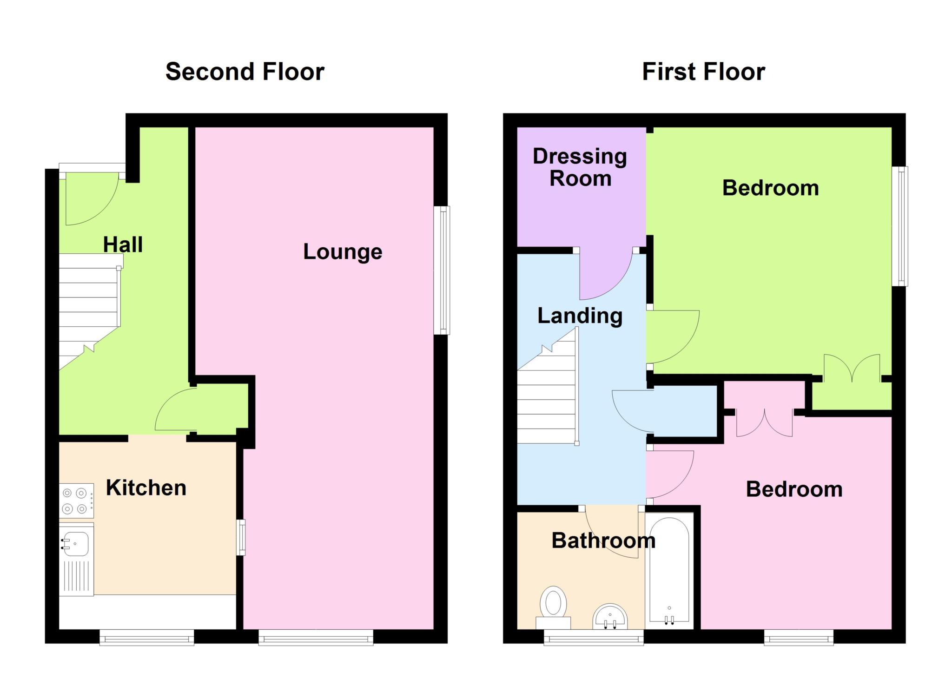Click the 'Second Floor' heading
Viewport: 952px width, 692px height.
point(245,72)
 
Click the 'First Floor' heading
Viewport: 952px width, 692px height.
point(703,72)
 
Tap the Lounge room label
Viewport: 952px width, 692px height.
point(343,251)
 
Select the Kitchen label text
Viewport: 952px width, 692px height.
point(146,488)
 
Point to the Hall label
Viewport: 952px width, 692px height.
point(123,244)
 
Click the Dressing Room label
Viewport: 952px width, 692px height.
point(580,167)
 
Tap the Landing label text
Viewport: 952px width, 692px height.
point(580,316)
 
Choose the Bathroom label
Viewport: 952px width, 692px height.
point(603,540)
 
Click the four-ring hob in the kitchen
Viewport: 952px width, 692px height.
point(76,501)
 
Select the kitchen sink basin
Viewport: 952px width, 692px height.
point(75,544)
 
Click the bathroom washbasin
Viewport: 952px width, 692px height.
point(610,617)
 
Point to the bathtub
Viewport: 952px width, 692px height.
point(669,571)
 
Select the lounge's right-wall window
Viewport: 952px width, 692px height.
point(442,270)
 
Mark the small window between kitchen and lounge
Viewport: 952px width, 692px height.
point(241,538)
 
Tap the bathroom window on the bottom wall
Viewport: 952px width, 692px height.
point(594,637)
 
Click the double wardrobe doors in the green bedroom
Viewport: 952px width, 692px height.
point(852,368)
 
